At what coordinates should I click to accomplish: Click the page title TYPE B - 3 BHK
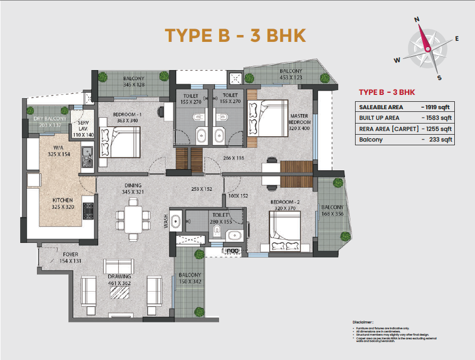click(x=235, y=35)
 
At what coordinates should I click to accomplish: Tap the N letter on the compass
click(x=417, y=19)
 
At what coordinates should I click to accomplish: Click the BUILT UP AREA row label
click(x=379, y=118)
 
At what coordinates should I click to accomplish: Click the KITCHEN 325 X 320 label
click(x=62, y=204)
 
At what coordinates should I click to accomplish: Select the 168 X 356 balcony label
click(x=332, y=210)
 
